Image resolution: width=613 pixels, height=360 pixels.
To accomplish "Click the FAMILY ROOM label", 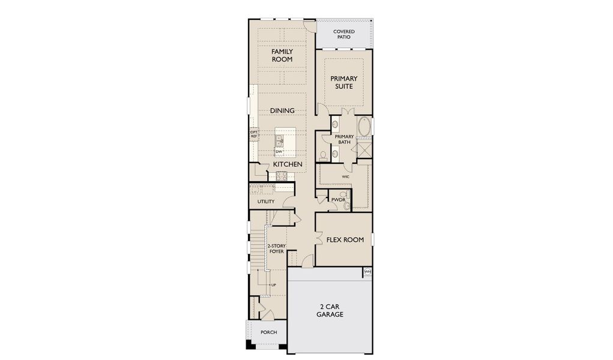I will tap(282, 55).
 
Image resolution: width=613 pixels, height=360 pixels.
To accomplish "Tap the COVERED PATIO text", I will tap(344, 34).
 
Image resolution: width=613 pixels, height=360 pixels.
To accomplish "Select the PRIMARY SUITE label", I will tap(344, 82).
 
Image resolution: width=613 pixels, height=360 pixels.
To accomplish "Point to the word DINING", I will tap(282, 110).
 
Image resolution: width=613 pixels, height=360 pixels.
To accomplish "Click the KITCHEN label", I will tap(287, 164).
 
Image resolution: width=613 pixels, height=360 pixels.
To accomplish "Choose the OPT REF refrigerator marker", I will tap(254, 134).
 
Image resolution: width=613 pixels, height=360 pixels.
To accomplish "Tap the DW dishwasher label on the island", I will tap(279, 151).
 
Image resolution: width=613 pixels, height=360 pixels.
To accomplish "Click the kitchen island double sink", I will tap(279, 140).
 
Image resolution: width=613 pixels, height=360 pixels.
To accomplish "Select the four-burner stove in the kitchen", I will tap(281, 176).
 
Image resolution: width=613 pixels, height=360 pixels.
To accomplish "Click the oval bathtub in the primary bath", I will tap(364, 127).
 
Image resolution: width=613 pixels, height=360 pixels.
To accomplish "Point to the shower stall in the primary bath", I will tap(363, 148).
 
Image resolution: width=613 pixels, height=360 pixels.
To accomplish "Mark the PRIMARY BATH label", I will tap(344, 139).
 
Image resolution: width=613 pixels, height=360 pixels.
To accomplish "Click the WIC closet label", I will tap(346, 177).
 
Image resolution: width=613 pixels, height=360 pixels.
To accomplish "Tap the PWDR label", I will tap(330, 199).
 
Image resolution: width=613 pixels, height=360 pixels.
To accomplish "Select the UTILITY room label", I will tap(265, 202).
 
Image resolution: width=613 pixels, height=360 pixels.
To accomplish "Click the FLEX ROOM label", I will tap(345, 239).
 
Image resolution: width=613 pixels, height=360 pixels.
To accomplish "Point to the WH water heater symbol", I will tap(367, 272).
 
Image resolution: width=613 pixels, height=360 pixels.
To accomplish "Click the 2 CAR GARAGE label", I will tap(330, 310).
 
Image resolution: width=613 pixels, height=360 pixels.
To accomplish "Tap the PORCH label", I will tap(268, 332).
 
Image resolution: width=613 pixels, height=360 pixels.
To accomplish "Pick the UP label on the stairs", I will tap(274, 284).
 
